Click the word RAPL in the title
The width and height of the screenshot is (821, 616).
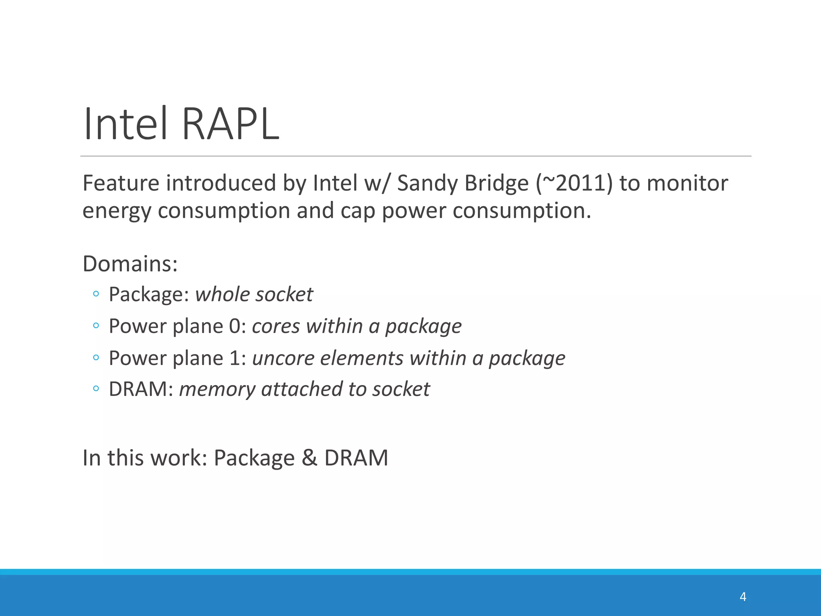coord(231,124)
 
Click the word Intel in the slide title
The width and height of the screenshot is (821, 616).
coord(125,124)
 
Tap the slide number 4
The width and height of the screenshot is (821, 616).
coord(743,597)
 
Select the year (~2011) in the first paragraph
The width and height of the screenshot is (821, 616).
coord(574,183)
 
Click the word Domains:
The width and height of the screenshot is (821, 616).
coord(130,264)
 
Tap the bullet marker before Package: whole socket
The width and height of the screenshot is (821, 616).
coord(95,294)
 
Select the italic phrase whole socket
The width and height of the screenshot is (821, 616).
coord(254,295)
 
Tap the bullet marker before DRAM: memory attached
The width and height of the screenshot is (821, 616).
coord(95,389)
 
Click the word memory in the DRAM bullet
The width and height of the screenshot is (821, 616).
coord(217,389)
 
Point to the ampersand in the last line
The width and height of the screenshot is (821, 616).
coord(309,458)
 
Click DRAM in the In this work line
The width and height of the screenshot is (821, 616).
coord(356,458)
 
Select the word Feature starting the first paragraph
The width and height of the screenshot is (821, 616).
coord(121,183)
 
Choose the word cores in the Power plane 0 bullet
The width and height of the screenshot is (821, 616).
coord(276,326)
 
